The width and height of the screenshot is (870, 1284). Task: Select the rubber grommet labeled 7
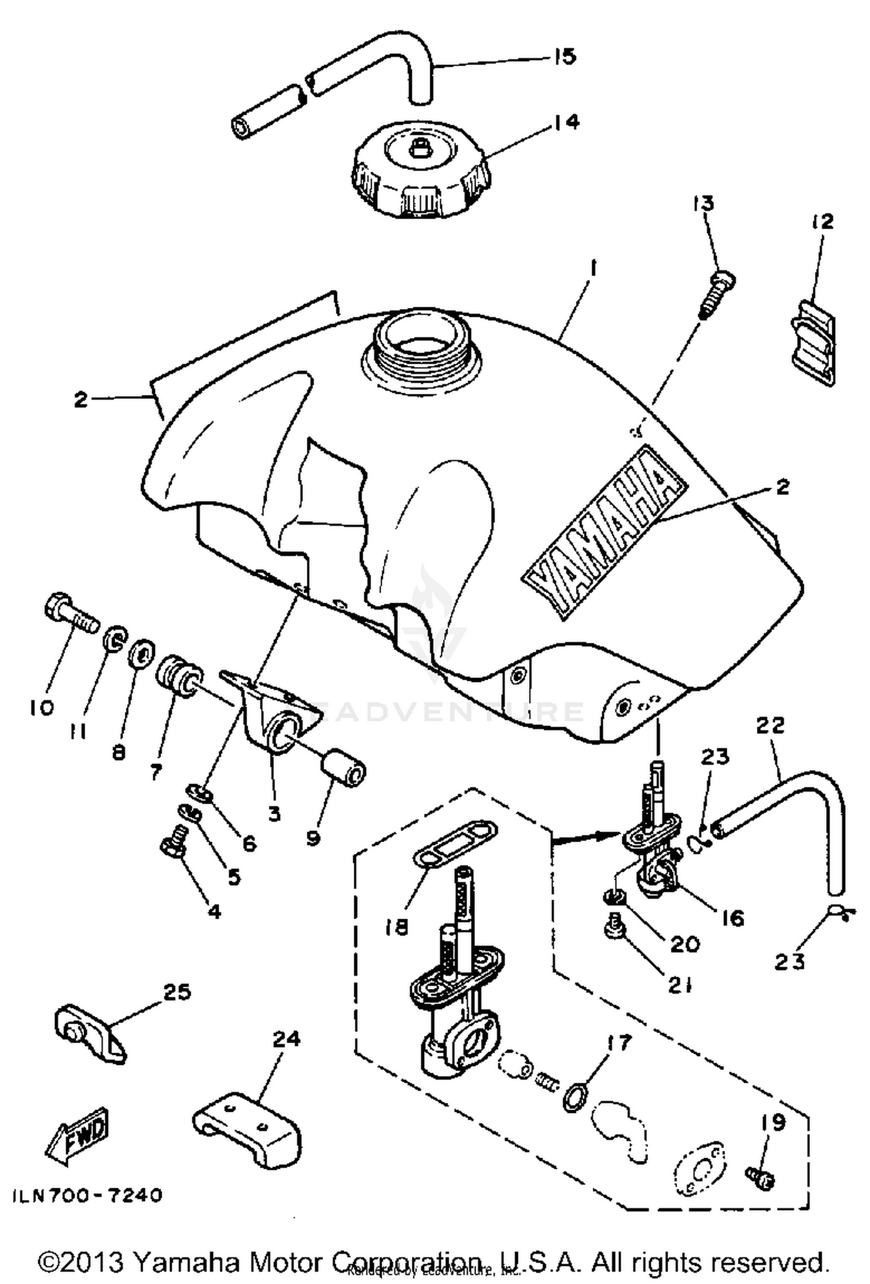pyautogui.click(x=177, y=676)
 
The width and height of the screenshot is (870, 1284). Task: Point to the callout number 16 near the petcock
pyautogui.click(x=732, y=917)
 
